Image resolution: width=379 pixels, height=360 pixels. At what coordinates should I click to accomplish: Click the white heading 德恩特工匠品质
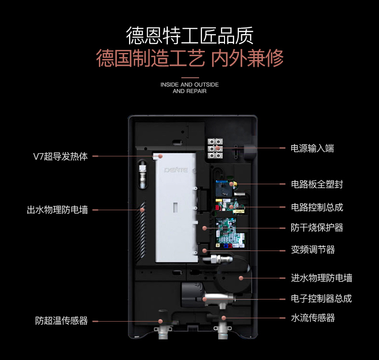click(x=189, y=35)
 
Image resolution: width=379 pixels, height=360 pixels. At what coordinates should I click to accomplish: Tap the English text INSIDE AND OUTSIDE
click(x=189, y=84)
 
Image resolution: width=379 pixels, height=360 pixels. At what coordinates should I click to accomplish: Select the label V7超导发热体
click(x=60, y=156)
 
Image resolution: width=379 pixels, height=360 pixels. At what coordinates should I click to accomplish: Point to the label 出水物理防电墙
click(x=57, y=210)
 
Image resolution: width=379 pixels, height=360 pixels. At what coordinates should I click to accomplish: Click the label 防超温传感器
click(x=61, y=321)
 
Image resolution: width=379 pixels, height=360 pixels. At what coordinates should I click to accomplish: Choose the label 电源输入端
click(x=312, y=148)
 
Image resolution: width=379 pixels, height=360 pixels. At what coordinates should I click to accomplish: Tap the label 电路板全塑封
click(x=317, y=184)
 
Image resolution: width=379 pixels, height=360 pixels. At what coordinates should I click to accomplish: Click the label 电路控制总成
click(x=317, y=207)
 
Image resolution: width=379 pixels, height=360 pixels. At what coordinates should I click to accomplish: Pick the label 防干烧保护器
click(x=317, y=228)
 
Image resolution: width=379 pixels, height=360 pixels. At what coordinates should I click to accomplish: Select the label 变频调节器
click(x=313, y=250)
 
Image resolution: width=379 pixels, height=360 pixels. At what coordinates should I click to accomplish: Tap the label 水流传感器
click(x=313, y=318)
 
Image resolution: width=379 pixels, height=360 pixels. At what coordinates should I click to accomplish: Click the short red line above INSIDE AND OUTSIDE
click(x=189, y=77)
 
